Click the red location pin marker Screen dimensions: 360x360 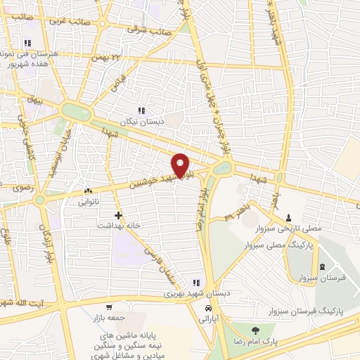(181, 165)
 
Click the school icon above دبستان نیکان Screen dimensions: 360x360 (141, 110)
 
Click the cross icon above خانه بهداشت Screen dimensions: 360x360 (117, 214)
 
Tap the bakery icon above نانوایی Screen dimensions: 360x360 (87, 191)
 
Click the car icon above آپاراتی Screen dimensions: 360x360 (208, 309)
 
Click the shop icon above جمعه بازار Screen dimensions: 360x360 (109, 307)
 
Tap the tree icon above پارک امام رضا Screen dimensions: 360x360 (255, 330)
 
